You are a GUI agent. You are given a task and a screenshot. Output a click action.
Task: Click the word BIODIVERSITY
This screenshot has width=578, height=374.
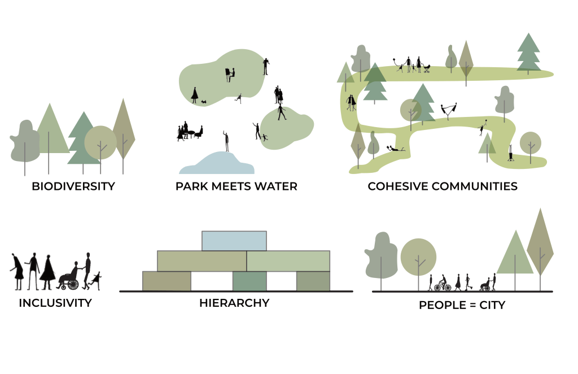tap(73, 186)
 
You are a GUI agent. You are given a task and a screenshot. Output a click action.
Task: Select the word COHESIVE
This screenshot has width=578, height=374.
tap(398, 186)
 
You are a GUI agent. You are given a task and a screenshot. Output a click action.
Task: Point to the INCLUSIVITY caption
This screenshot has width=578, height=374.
tap(55, 303)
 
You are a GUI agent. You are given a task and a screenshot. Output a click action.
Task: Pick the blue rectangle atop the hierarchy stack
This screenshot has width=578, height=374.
tap(234, 241)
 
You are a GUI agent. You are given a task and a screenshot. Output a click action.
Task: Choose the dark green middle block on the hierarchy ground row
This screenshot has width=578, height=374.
tap(249, 281)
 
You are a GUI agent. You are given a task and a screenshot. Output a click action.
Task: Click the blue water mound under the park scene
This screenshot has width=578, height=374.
tap(217, 163)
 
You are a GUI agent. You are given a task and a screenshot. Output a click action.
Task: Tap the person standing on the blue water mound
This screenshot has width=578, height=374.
tap(226, 141)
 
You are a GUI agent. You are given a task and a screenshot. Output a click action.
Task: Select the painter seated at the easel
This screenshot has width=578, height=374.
tap(230, 75)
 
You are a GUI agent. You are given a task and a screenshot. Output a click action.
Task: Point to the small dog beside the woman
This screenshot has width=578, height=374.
tap(203, 102)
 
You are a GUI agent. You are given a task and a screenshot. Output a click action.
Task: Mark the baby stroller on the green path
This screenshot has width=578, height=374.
tap(427, 68)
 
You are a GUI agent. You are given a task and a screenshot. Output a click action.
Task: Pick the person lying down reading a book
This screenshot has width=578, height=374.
tap(396, 149)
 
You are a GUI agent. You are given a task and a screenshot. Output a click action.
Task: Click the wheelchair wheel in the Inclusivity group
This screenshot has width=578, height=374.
tap(73, 284)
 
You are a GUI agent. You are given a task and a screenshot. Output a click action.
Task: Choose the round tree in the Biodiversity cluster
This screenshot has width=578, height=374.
tap(100, 143)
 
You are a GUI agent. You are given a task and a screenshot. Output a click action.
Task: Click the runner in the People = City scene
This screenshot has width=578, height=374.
tap(468, 282)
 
